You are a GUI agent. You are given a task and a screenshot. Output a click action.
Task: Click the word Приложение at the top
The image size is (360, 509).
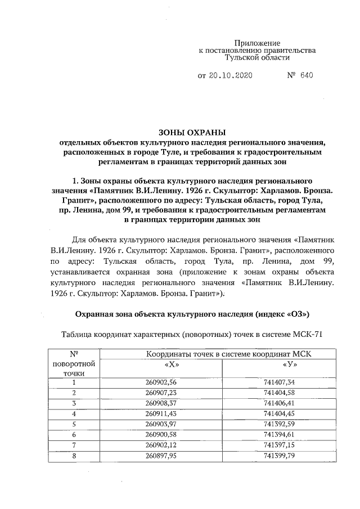click(x=256, y=43)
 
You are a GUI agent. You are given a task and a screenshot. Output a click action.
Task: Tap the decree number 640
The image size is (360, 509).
click(x=306, y=75)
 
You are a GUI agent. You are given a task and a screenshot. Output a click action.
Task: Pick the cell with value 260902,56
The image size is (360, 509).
click(x=161, y=382)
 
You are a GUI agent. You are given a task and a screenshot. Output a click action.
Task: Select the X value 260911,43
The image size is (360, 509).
click(x=161, y=413)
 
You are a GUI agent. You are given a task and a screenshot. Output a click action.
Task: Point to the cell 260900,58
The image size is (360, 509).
click(x=161, y=434)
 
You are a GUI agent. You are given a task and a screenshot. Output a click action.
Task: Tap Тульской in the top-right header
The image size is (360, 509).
click(x=240, y=57)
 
